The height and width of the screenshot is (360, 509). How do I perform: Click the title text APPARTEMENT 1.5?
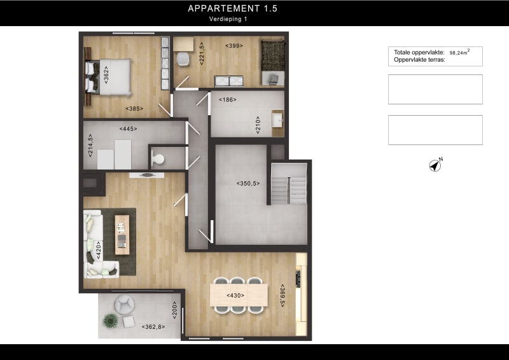[232, 9]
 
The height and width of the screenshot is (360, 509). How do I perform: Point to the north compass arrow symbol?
[435, 165]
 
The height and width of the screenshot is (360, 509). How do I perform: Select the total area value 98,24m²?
[459, 53]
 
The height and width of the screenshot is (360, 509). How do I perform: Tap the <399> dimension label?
[234, 45]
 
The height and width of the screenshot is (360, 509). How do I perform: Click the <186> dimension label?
[228, 100]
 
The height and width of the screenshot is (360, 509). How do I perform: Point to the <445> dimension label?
[128, 128]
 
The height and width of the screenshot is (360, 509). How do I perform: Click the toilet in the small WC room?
[157, 159]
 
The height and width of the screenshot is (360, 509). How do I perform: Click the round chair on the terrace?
[125, 304]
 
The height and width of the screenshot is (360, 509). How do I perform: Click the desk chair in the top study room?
[183, 59]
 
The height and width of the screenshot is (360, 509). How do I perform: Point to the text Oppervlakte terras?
[417, 60]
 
